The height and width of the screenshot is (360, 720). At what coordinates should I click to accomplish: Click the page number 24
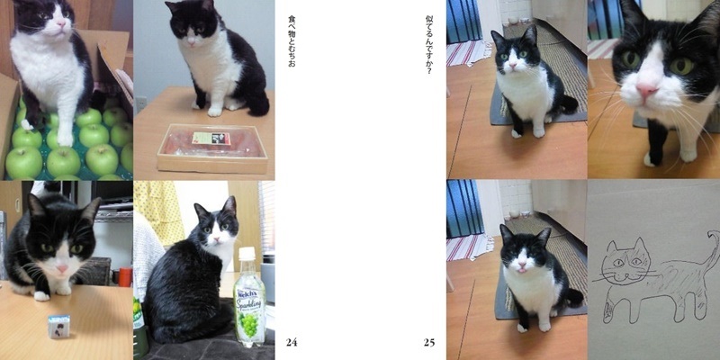pos(291,342)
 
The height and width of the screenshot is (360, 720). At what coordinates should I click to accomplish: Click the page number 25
pos(429,342)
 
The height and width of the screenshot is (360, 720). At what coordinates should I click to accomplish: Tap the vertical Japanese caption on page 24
pos(291,40)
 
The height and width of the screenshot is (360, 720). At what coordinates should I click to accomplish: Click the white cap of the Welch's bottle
pos(246,254)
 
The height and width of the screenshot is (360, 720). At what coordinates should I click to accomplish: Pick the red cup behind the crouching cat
pos(124,276)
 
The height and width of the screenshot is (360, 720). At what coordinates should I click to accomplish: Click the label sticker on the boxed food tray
pos(211,139)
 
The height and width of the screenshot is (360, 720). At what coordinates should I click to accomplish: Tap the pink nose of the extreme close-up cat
pos(645,90)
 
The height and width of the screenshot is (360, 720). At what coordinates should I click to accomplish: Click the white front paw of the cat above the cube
pos(41,294)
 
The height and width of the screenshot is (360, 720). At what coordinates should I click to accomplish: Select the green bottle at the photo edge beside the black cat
pos(139,324)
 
